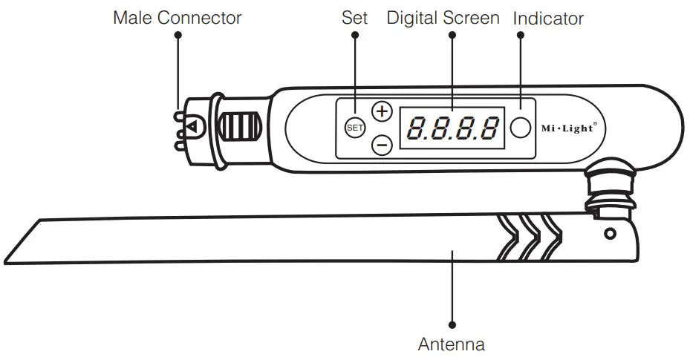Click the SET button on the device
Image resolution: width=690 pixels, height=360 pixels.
pyautogui.click(x=354, y=128)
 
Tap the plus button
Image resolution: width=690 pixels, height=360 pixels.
pyautogui.click(x=382, y=112)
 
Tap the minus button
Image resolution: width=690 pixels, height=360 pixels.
pyautogui.click(x=382, y=144)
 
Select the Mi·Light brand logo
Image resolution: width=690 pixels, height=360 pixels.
pyautogui.click(x=567, y=128)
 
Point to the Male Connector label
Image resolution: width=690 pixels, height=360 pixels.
pyautogui.click(x=177, y=18)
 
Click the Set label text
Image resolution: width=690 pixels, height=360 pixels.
pyautogui.click(x=354, y=18)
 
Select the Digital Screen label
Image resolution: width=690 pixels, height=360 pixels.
pyautogui.click(x=443, y=18)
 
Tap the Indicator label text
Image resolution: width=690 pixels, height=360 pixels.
pyautogui.click(x=548, y=18)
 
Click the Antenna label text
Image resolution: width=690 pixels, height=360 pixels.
pyautogui.click(x=451, y=344)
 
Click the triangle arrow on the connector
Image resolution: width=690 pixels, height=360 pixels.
pyautogui.click(x=192, y=127)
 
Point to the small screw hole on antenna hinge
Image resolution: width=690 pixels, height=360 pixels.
pyautogui.click(x=610, y=234)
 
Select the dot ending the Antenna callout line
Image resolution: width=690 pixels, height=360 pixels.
pyautogui.click(x=452, y=324)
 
